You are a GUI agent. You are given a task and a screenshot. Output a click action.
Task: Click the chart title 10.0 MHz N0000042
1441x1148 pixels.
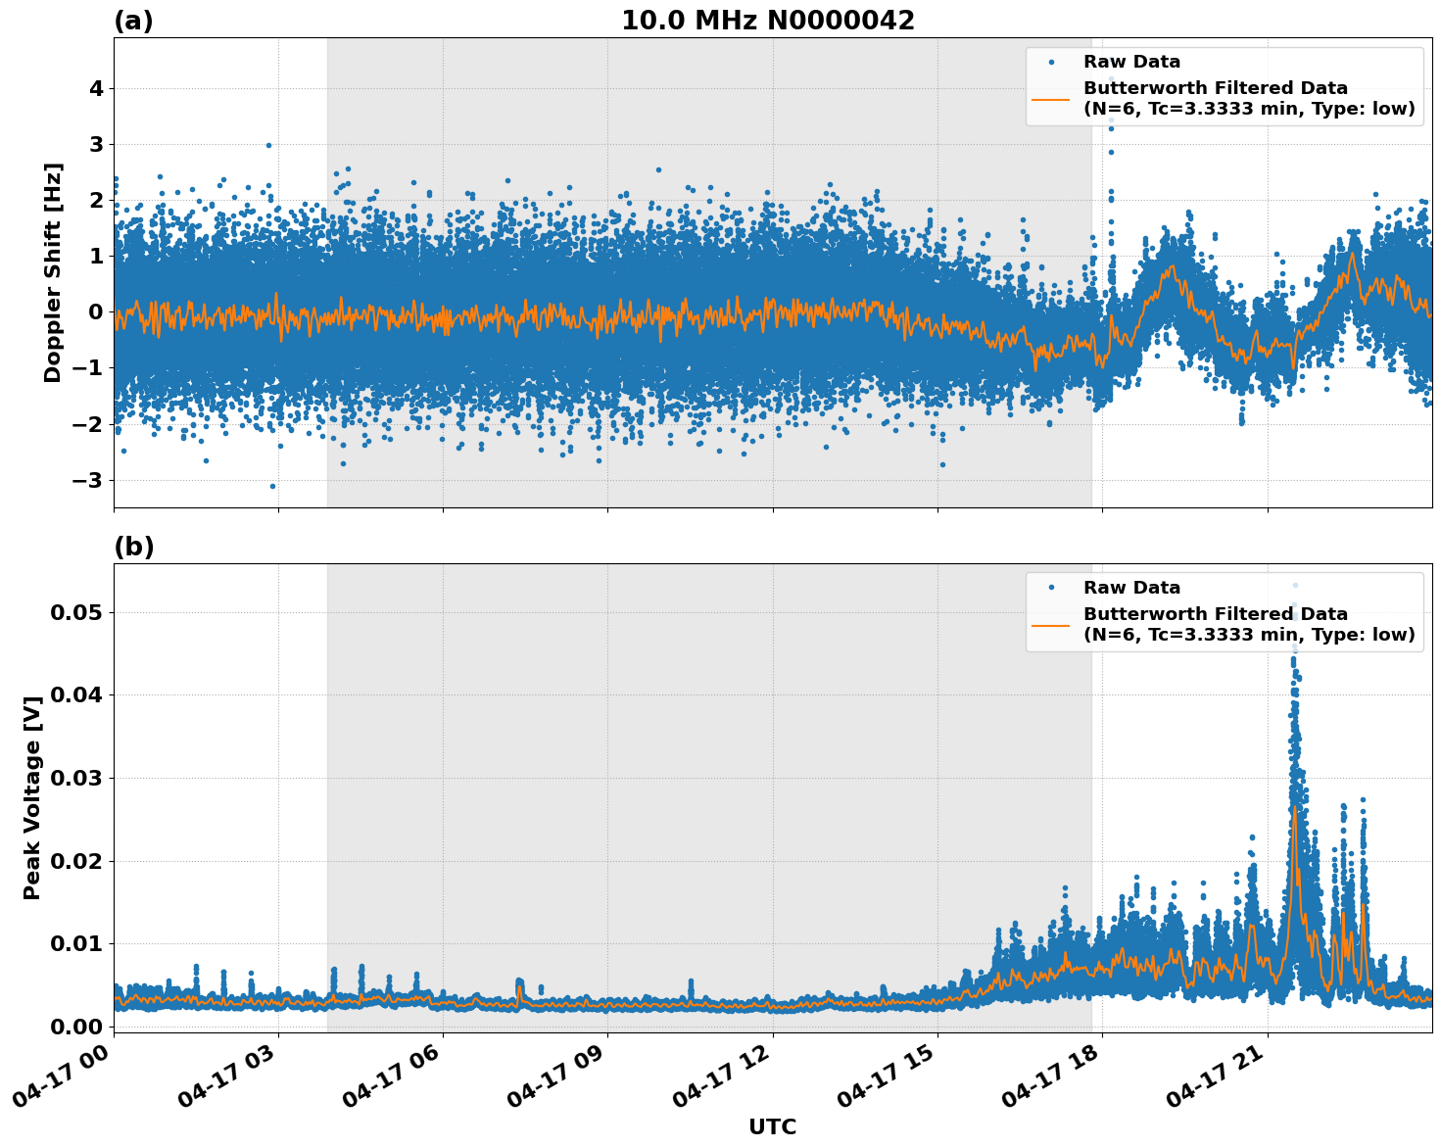click(768, 21)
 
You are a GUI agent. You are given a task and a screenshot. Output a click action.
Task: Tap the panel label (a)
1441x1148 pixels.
click(133, 21)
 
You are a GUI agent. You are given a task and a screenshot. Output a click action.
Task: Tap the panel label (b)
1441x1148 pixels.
click(134, 547)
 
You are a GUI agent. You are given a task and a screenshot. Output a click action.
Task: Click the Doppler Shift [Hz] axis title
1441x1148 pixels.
click(53, 272)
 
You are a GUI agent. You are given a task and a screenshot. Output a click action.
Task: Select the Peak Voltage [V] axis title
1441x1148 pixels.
click(32, 797)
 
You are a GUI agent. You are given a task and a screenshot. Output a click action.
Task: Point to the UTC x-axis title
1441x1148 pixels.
click(772, 1126)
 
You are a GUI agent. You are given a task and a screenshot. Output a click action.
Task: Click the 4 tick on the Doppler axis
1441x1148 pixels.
click(96, 89)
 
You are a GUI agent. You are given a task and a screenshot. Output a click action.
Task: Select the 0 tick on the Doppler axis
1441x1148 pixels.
click(96, 312)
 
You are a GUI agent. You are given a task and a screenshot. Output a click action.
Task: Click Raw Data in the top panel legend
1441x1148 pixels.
click(1131, 63)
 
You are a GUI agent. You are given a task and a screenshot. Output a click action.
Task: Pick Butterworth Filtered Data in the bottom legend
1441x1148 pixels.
click(1215, 614)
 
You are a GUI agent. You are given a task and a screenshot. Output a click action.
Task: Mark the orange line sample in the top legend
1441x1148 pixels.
click(1051, 98)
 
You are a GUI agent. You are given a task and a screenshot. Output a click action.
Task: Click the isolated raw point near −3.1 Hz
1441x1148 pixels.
click(272, 486)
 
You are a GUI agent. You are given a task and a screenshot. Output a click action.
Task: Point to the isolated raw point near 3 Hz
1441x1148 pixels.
click(268, 145)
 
